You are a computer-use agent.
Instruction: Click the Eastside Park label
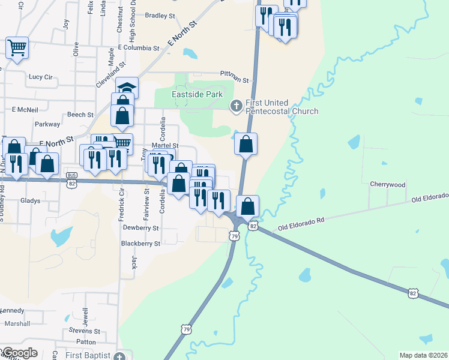coord(197,94)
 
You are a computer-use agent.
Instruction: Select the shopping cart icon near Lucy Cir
coord(17,47)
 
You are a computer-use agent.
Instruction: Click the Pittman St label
coord(234,75)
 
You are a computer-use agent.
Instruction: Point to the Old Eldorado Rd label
coord(301,224)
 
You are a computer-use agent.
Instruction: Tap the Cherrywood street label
coord(387,185)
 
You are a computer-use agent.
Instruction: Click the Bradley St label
coord(160,16)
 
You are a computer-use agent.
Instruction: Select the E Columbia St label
coord(139,47)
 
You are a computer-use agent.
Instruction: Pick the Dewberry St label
coord(140,228)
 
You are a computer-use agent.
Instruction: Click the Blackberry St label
coord(140,244)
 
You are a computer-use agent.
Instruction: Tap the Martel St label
coord(165,146)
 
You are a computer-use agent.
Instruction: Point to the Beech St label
coord(80,115)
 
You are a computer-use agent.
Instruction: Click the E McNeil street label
coord(25,110)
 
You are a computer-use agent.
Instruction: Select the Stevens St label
coord(84,330)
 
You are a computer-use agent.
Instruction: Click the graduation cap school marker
coord(127,88)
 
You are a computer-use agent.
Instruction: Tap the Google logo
coord(19,353)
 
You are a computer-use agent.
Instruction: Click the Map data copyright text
coord(423,355)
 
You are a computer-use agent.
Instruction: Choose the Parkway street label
coord(47,124)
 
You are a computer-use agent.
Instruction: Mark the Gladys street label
coord(30,200)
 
